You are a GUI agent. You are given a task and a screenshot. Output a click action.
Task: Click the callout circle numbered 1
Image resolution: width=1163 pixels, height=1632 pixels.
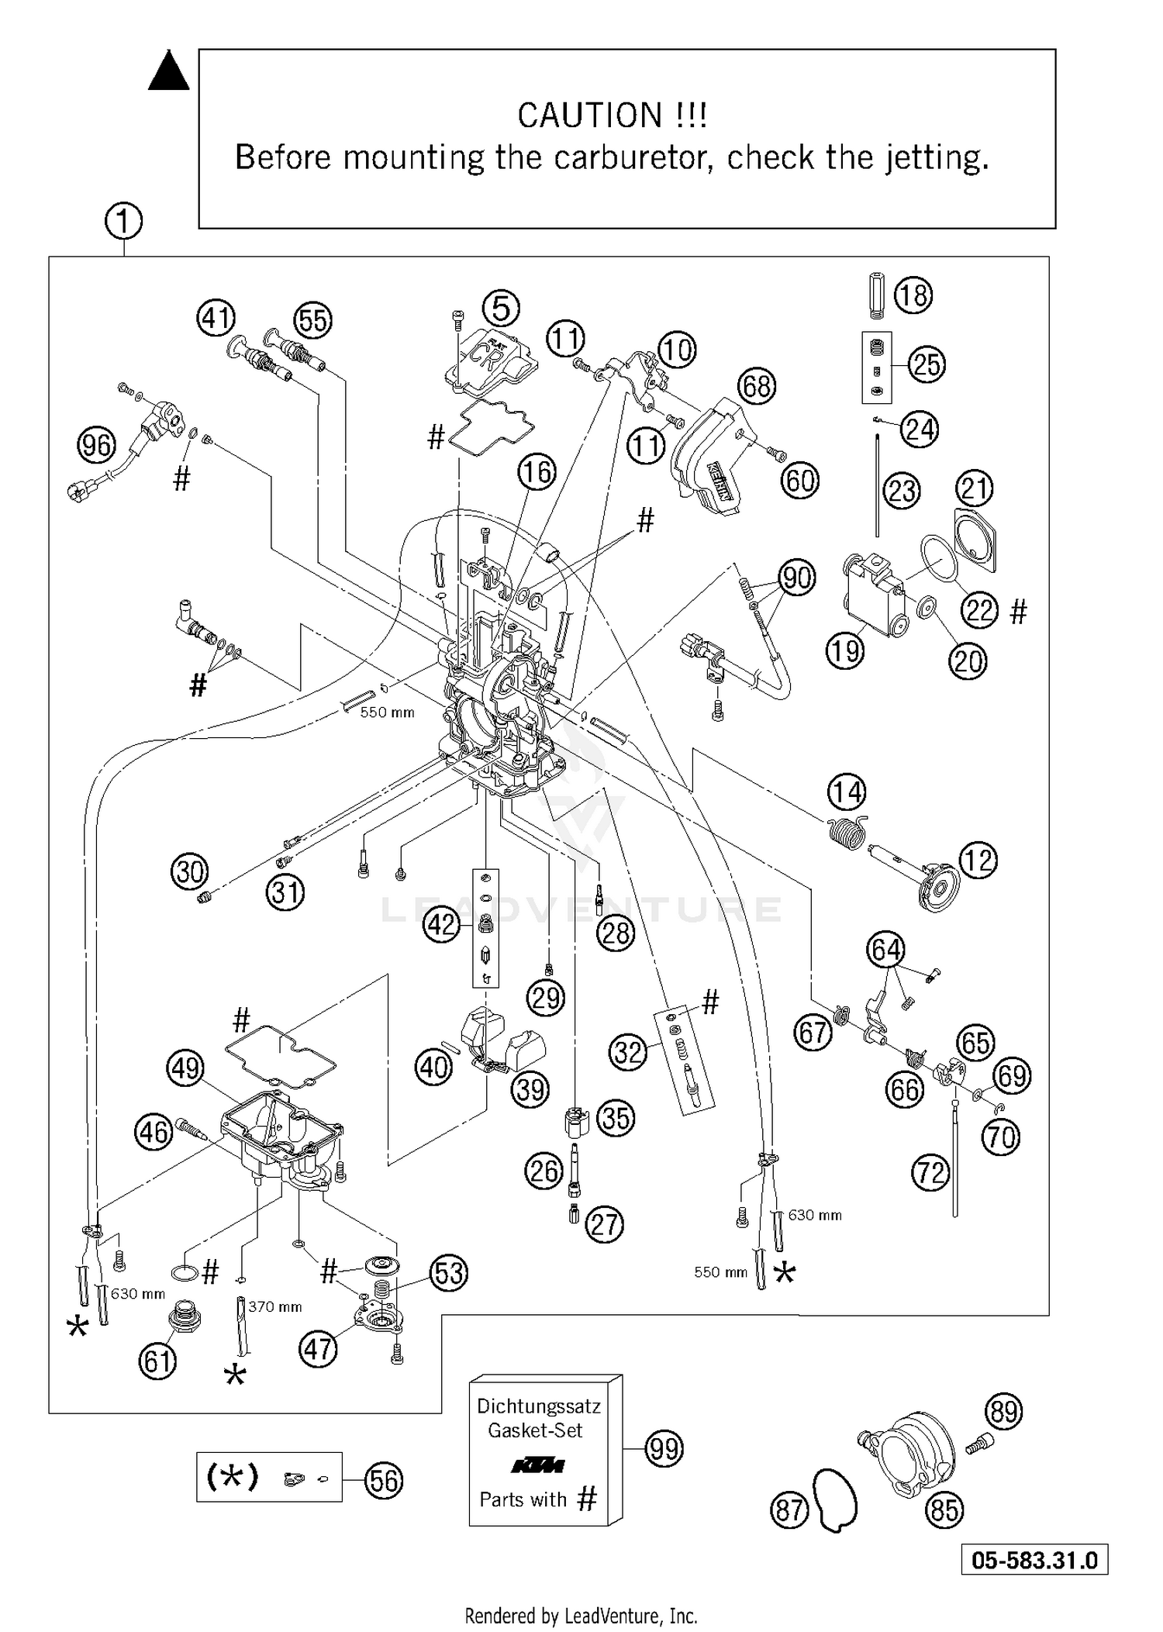point(123,223)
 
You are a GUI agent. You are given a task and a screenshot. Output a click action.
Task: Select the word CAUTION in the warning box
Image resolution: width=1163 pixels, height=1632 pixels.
point(589,116)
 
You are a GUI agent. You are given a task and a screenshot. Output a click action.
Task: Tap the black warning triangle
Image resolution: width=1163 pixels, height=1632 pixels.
point(168,71)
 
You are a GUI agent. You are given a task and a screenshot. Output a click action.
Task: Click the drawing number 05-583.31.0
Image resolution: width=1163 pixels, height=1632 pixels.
point(1034,1559)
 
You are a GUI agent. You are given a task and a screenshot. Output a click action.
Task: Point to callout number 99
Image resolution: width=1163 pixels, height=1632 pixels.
point(664,1448)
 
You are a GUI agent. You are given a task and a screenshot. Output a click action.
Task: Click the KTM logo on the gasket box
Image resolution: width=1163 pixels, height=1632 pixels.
point(537,1465)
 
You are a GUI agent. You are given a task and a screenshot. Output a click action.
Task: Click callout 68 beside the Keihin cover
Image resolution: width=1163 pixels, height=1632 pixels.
point(757,385)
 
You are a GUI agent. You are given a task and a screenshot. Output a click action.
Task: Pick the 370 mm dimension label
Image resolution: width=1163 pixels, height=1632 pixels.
point(274,1306)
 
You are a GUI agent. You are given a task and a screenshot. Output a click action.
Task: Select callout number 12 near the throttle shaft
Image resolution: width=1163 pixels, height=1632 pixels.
point(978,860)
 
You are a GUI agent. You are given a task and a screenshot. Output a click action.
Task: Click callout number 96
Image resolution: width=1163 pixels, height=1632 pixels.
point(96,446)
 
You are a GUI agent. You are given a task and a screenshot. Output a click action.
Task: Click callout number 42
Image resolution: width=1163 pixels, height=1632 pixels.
point(442,925)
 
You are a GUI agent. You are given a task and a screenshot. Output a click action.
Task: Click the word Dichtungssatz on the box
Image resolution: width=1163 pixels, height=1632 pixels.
point(538,1406)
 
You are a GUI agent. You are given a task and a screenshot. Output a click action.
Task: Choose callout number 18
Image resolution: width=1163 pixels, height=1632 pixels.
point(913,295)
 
